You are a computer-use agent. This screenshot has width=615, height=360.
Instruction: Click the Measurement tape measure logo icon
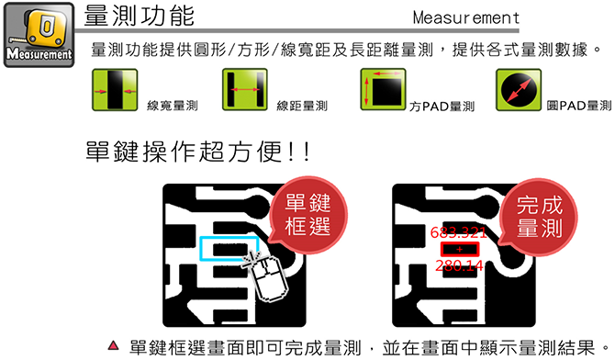click(x=39, y=35)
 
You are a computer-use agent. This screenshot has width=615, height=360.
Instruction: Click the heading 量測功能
click(x=140, y=16)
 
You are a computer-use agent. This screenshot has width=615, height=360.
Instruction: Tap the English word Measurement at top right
click(x=466, y=17)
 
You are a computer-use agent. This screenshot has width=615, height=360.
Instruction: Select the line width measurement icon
click(x=115, y=89)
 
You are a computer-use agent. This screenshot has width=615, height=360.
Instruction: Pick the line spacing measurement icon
click(x=245, y=89)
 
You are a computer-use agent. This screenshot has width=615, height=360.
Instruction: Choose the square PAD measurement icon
click(x=383, y=89)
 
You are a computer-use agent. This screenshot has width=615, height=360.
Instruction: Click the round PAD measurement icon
click(x=519, y=89)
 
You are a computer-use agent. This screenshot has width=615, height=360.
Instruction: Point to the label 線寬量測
click(x=173, y=106)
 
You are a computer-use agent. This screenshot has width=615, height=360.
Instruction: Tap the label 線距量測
click(x=302, y=106)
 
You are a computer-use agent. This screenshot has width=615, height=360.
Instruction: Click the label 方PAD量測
click(x=442, y=106)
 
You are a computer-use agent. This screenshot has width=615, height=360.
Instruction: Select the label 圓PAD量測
click(x=579, y=106)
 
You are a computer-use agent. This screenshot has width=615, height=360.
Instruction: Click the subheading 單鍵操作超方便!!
click(x=198, y=152)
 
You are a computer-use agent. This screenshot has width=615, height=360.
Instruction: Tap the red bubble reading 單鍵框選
click(x=307, y=215)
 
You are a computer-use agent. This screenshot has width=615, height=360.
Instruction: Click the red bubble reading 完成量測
click(x=538, y=217)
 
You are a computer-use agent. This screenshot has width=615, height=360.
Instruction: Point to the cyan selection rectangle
click(x=200, y=249)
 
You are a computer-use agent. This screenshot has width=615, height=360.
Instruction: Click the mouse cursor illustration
click(x=267, y=276)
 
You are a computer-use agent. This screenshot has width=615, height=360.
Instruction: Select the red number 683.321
click(x=458, y=232)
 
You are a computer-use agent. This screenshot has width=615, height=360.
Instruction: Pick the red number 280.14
click(x=459, y=265)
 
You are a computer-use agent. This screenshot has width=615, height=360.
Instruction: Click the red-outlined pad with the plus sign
click(x=460, y=249)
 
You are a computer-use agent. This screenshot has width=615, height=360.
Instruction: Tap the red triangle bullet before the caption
click(x=113, y=345)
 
